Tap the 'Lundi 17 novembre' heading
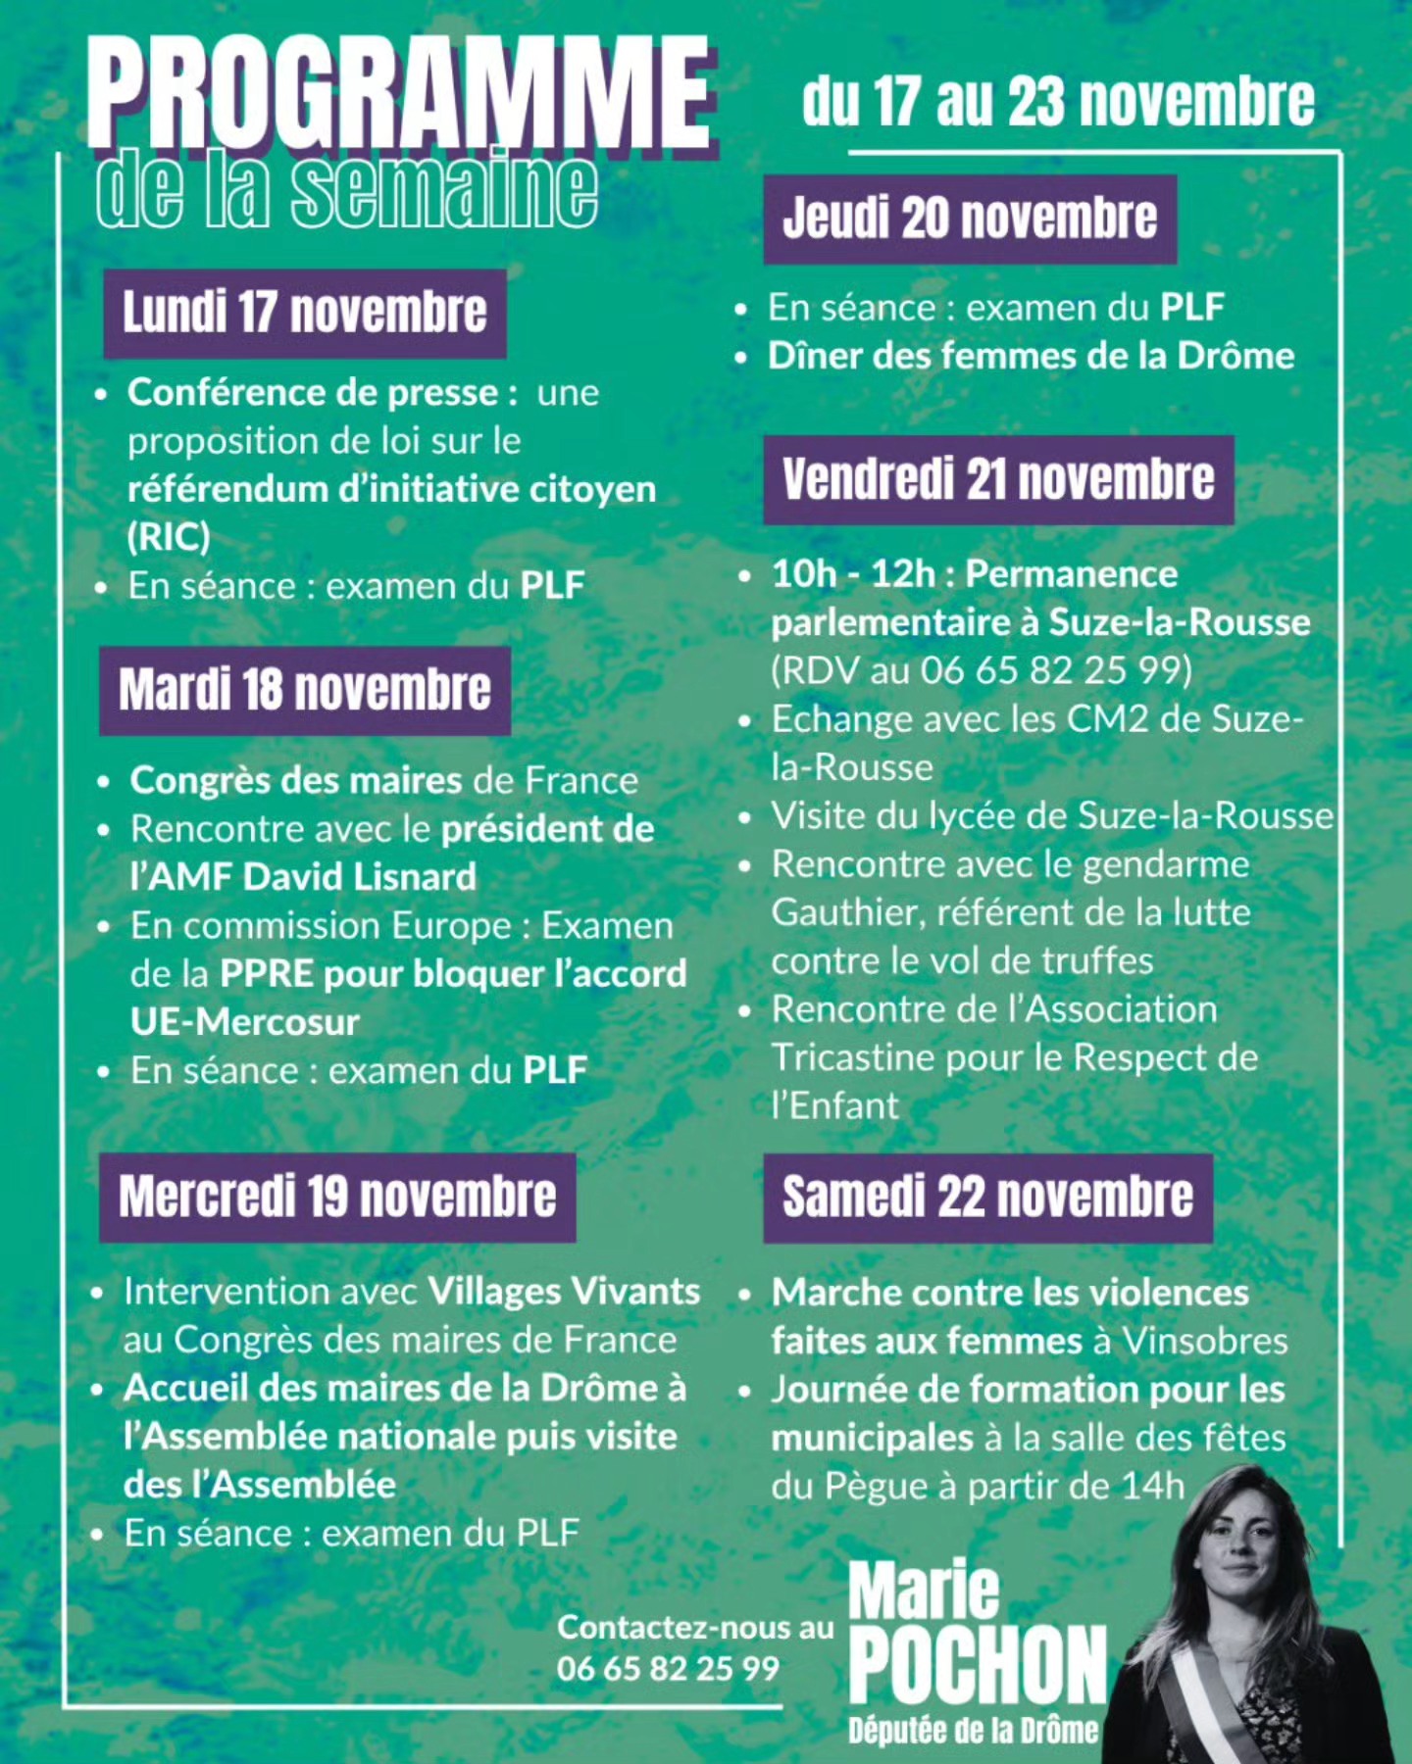coord(305,313)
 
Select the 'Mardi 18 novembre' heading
coord(305,690)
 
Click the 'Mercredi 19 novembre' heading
coord(337,1197)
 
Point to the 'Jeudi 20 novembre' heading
coord(970,219)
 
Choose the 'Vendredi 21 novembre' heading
coord(998,480)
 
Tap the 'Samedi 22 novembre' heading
coord(987,1197)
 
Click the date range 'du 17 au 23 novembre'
coord(1058,103)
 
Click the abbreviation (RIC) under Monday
coord(169,536)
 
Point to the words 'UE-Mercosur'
coord(245,1022)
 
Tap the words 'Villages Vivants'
coord(564,1292)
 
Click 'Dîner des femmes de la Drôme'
coord(1031,356)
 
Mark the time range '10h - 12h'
coord(853,574)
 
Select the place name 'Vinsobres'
coord(1204,1341)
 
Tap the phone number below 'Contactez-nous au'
coord(668,1668)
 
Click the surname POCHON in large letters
coord(978,1664)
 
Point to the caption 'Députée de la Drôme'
coord(973,1731)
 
